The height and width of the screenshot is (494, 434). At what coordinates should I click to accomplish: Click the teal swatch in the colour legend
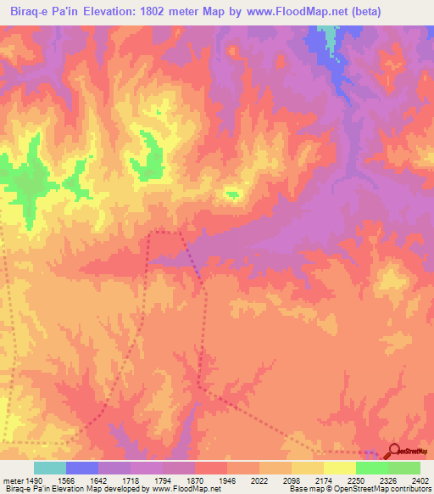(50, 468)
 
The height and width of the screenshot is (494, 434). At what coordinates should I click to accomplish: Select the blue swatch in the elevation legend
(82, 468)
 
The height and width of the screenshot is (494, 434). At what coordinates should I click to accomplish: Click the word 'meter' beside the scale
(11, 479)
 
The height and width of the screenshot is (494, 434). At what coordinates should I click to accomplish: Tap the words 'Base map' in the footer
(303, 489)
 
